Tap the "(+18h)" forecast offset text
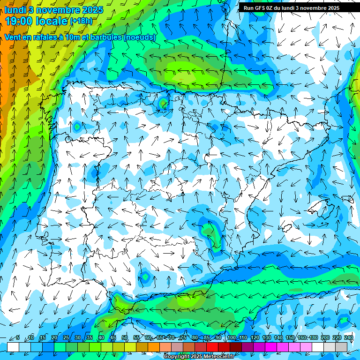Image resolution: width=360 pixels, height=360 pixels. pyautogui.click(x=81, y=21)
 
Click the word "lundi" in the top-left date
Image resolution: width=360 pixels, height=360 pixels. pyautogui.click(x=15, y=9)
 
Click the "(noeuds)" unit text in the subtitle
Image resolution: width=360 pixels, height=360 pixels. pyautogui.click(x=140, y=37)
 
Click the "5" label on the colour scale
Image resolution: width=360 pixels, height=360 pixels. pyautogui.click(x=17, y=337)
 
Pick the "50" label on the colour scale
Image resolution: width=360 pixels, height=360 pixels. pyautogui.click(x=125, y=337)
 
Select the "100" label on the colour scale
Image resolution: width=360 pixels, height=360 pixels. pyautogui.click(x=231, y=337)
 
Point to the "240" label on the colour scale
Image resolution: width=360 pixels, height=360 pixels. pyautogui.click(x=349, y=337)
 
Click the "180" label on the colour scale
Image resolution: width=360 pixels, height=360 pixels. pyautogui.click(x=313, y=337)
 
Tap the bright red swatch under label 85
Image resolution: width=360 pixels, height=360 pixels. pyautogui.click(x=213, y=346)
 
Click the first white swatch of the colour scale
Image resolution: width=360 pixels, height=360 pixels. pyautogui.click(x=13, y=346)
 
